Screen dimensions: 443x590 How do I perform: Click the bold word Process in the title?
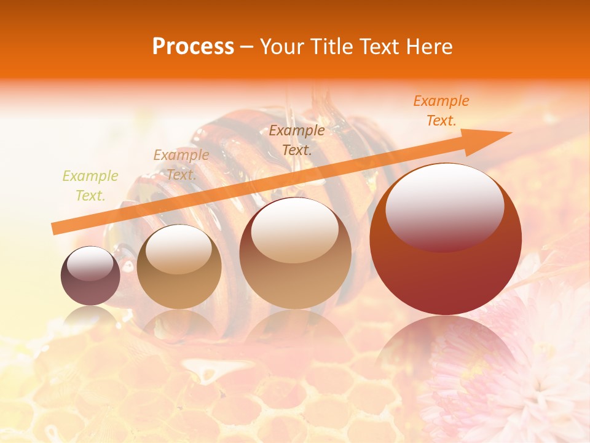(x=193, y=47)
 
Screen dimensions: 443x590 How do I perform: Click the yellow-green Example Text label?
(x=90, y=186)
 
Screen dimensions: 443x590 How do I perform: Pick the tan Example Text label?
(x=181, y=165)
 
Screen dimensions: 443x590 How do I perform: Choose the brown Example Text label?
(x=297, y=140)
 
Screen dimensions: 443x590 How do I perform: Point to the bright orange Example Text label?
(x=441, y=111)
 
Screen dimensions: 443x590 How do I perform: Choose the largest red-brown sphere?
(x=446, y=271)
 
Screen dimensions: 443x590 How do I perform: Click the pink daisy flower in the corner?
(x=510, y=381)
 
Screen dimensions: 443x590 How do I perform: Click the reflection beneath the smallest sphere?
(x=90, y=317)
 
